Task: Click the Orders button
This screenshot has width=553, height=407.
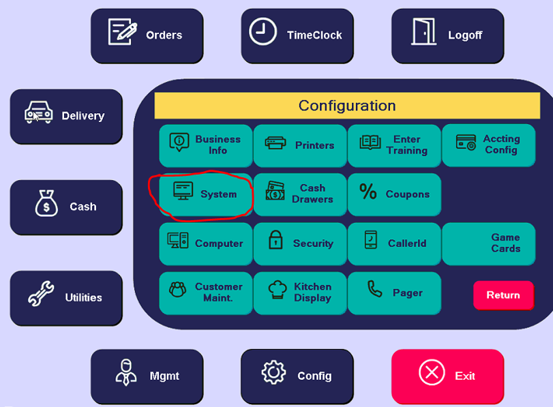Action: point(147,35)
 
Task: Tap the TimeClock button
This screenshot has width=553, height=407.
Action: point(297,35)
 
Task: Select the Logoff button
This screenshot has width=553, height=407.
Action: point(447,35)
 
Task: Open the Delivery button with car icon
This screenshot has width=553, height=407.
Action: point(66,116)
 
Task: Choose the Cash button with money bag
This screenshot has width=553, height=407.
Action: point(66,207)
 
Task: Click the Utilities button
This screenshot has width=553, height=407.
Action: point(66,297)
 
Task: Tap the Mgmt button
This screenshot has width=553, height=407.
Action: point(147,376)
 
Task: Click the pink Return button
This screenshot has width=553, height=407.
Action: point(503,295)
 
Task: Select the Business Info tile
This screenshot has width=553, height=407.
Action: point(205,145)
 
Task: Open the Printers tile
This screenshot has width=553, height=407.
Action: point(300,145)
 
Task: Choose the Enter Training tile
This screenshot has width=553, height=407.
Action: point(394,145)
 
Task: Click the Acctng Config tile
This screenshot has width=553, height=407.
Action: point(488,145)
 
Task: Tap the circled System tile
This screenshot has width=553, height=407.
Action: point(205,194)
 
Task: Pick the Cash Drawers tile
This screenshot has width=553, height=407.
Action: point(300,194)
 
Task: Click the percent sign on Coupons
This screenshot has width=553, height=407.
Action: point(368,192)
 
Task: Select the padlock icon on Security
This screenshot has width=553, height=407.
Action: point(275,240)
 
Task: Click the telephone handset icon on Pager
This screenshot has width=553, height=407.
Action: point(374,290)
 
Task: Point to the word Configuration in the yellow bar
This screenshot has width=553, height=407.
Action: point(347,106)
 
